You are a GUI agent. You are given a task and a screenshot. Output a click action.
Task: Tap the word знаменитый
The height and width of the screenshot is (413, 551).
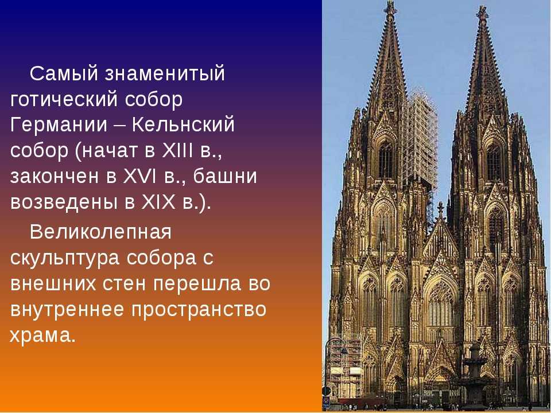(x=164, y=74)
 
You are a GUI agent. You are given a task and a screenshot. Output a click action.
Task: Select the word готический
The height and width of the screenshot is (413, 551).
(x=64, y=100)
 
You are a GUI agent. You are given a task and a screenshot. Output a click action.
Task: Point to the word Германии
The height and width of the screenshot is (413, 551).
(x=59, y=124)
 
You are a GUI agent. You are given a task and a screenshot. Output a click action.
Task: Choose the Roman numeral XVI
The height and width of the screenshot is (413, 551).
(x=140, y=176)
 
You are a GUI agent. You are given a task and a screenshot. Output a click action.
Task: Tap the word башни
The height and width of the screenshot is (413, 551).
(x=225, y=176)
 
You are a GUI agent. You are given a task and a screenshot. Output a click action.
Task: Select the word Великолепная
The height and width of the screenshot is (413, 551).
(x=100, y=231)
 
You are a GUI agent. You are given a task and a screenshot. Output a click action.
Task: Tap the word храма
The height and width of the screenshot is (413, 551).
(x=42, y=335)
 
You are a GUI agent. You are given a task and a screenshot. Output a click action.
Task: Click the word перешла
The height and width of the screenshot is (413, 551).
(x=197, y=284)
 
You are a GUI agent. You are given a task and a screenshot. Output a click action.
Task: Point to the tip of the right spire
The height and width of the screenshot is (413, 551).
(x=482, y=6)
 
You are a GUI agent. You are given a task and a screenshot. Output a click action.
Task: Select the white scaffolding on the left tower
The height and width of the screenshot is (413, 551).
(x=420, y=141)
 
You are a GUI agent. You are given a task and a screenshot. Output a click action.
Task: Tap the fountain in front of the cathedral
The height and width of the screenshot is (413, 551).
(x=474, y=372)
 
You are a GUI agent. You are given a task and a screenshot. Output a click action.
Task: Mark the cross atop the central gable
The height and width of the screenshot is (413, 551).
(x=440, y=208)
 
